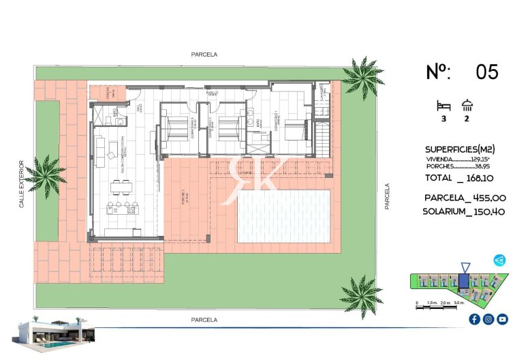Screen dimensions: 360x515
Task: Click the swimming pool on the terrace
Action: click(283, 215)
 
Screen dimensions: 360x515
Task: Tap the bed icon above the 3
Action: click(443, 106)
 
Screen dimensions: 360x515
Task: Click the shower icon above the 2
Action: click(467, 106)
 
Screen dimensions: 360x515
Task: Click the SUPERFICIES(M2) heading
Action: click(459, 149)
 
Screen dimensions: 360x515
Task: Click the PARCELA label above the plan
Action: click(204, 55)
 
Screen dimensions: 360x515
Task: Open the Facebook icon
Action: click(475, 319)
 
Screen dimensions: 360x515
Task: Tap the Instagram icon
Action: click(488, 319)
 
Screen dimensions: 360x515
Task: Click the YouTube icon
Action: click(502, 319)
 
